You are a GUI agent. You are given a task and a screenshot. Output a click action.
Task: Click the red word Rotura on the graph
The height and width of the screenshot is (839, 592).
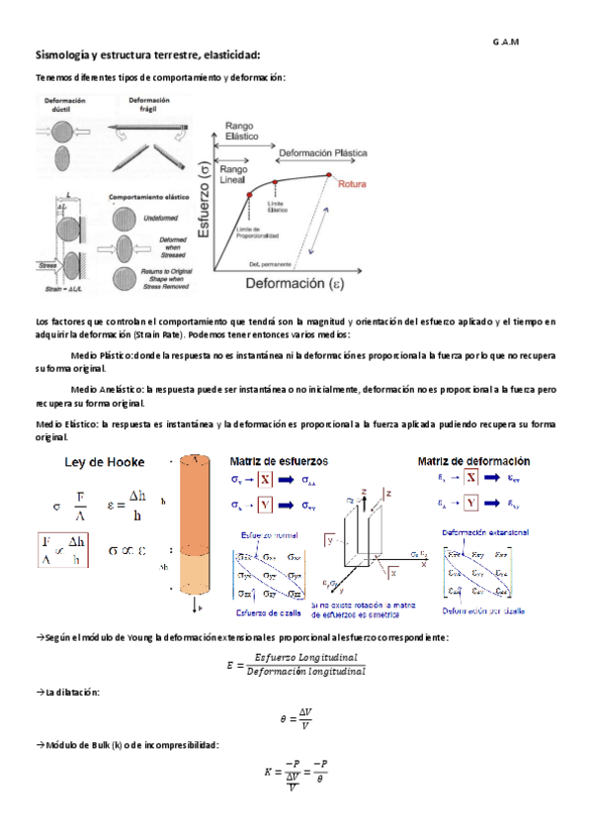tap(353, 184)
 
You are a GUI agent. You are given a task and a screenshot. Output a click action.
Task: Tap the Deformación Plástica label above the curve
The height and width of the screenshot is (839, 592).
tap(322, 154)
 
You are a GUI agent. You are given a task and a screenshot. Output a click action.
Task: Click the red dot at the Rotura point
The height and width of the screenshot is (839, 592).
tap(328, 175)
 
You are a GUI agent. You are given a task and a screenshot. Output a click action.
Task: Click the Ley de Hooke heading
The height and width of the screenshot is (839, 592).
tap(104, 461)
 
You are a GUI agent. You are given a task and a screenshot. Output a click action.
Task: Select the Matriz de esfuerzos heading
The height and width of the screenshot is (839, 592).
tap(280, 461)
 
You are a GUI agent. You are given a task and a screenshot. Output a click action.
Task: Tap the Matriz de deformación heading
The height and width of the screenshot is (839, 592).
tap(472, 461)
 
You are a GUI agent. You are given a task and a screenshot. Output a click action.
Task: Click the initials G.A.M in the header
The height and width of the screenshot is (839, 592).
tap(505, 41)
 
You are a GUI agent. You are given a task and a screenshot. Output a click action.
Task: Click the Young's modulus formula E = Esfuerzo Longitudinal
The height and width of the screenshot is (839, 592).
tap(296, 664)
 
